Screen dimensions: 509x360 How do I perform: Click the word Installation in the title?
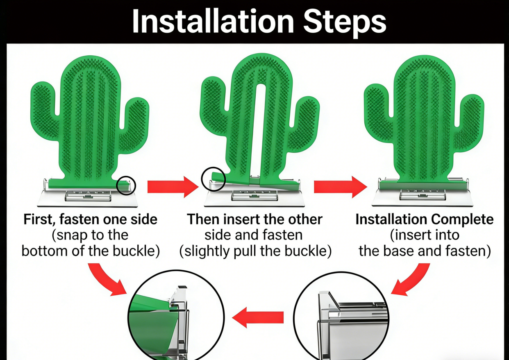click(x=214, y=21)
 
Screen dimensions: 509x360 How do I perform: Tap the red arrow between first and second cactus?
click(x=173, y=187)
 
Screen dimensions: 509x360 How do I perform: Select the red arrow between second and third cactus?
click(x=341, y=187)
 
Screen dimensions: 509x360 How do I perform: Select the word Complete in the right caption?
click(x=462, y=220)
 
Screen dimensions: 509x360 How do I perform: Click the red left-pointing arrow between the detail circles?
click(x=258, y=317)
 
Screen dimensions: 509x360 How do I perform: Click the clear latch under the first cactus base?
click(x=88, y=196)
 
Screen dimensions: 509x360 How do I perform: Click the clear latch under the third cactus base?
click(x=422, y=195)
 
